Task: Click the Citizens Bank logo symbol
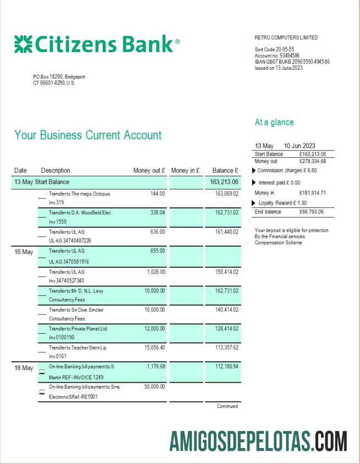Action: (23, 44)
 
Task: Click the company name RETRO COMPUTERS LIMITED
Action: (286, 38)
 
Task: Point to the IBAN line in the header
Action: (292, 62)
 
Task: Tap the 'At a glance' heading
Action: (274, 122)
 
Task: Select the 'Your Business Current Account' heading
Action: (88, 135)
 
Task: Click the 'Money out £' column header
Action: (149, 171)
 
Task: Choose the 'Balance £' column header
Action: (225, 171)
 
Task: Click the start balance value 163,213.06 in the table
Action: (224, 182)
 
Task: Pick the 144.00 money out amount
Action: (158, 194)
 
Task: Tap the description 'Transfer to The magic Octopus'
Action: (80, 194)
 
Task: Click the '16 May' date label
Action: (24, 252)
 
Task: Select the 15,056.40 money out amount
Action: (154, 347)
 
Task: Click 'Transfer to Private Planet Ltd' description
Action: (78, 328)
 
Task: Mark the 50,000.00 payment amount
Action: (154, 386)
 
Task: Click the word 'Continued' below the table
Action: (228, 406)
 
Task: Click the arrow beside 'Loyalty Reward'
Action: (253, 203)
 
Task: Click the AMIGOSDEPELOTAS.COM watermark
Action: (258, 441)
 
